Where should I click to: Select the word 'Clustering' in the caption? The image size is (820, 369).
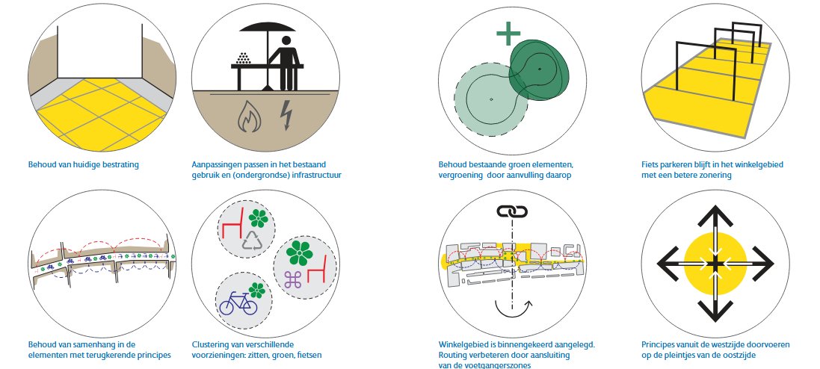[x=209, y=344]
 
